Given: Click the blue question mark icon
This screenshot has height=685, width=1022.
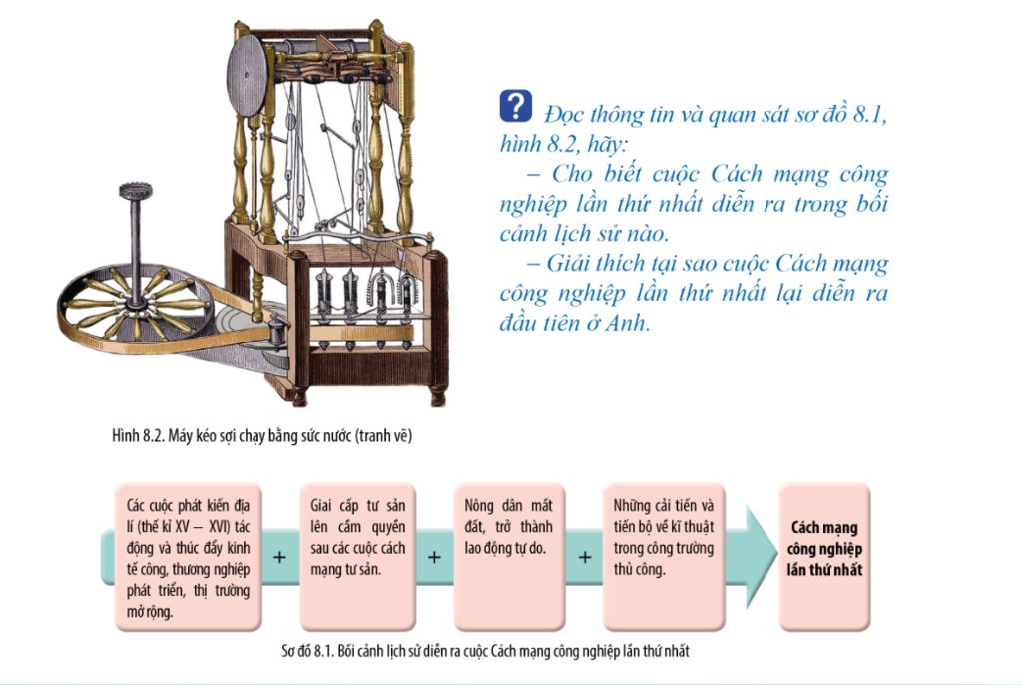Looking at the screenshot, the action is (x=516, y=106).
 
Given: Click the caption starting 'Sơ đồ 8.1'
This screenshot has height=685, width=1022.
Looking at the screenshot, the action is (x=486, y=650).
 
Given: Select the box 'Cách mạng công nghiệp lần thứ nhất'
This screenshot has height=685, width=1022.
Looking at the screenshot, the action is (x=824, y=557).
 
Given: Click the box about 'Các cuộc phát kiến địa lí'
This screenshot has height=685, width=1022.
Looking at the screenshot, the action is (x=189, y=557).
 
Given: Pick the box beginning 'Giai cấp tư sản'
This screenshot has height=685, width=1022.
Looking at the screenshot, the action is (x=358, y=557).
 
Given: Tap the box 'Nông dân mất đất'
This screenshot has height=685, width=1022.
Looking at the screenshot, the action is (x=509, y=557).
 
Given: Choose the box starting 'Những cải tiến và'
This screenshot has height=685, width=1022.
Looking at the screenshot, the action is (x=664, y=557).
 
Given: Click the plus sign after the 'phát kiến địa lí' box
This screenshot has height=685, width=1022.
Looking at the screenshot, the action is (x=280, y=558).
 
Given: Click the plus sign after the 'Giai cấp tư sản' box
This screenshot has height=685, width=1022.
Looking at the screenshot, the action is (x=435, y=558).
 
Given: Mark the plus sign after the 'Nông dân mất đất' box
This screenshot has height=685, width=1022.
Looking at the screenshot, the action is (x=585, y=558).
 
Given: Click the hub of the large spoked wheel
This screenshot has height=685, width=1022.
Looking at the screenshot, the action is (x=136, y=303).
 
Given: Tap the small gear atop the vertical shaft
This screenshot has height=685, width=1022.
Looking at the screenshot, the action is (x=136, y=191).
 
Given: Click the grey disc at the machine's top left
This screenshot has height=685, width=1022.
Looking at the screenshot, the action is (x=248, y=75).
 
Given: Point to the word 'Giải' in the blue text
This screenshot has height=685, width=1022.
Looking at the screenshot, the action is (x=565, y=264).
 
